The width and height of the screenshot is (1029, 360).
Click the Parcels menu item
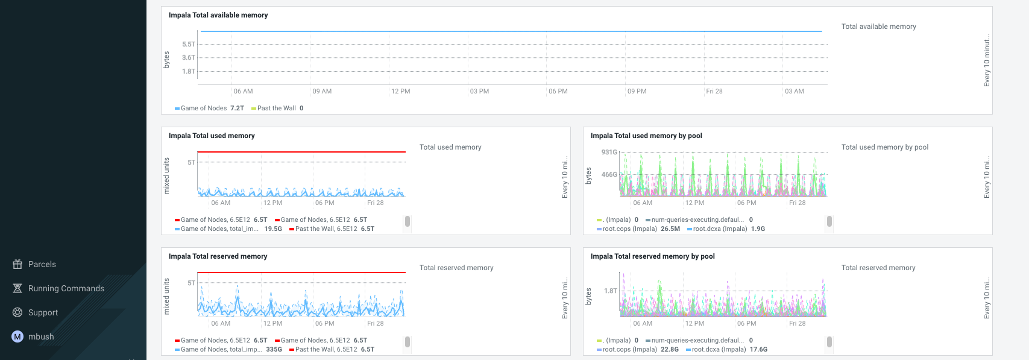click(x=42, y=264)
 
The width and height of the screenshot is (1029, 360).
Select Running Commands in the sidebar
click(x=66, y=288)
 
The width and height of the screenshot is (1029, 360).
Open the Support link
click(x=43, y=312)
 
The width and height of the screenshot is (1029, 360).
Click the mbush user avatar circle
click(x=17, y=336)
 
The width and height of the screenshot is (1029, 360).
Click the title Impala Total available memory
click(x=218, y=15)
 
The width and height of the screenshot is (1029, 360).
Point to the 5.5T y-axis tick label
click(x=189, y=44)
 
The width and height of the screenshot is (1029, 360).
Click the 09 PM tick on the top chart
click(x=637, y=91)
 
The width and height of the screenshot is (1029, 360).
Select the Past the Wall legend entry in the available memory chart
click(x=277, y=109)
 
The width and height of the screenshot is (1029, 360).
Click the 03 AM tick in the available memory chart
click(x=794, y=91)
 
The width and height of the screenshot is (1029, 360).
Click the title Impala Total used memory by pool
click(x=646, y=136)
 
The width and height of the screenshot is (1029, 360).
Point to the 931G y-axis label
click(x=609, y=152)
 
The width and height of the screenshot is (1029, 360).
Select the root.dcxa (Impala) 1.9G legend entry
click(x=728, y=229)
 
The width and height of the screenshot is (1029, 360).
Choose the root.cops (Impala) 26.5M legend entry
click(x=638, y=229)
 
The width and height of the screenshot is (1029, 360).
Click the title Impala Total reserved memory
click(x=218, y=256)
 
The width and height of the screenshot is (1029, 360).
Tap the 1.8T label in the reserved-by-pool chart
click(x=611, y=291)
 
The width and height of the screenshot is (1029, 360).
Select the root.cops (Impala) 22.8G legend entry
click(x=638, y=350)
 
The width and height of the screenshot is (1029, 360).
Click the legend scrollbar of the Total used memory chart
click(x=408, y=221)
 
